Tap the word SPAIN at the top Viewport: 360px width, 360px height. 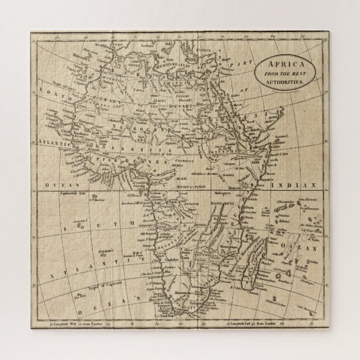[x=117, y=43]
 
